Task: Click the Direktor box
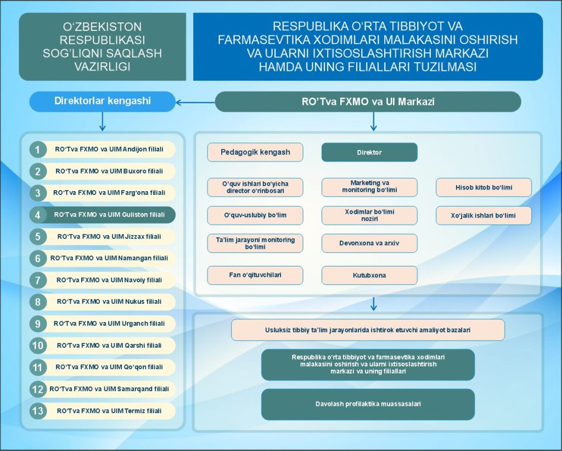tap(369, 152)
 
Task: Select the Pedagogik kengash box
tap(255, 152)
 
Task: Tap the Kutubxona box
tap(369, 275)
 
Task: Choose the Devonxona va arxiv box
tap(369, 243)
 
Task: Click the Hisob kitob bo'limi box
tap(484, 187)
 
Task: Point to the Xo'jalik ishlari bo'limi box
tap(484, 215)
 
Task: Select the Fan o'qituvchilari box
tap(255, 275)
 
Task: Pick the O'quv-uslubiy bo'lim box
tap(255, 215)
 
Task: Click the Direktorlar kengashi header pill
tap(102, 101)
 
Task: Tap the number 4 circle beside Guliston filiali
tap(37, 215)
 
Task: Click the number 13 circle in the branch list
tap(37, 411)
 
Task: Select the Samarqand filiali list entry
tap(109, 389)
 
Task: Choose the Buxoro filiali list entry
tap(109, 171)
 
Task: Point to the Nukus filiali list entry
tap(109, 302)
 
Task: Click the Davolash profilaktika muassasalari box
tap(368, 404)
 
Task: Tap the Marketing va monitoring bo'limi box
tap(369, 187)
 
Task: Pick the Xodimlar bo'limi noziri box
tap(369, 215)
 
